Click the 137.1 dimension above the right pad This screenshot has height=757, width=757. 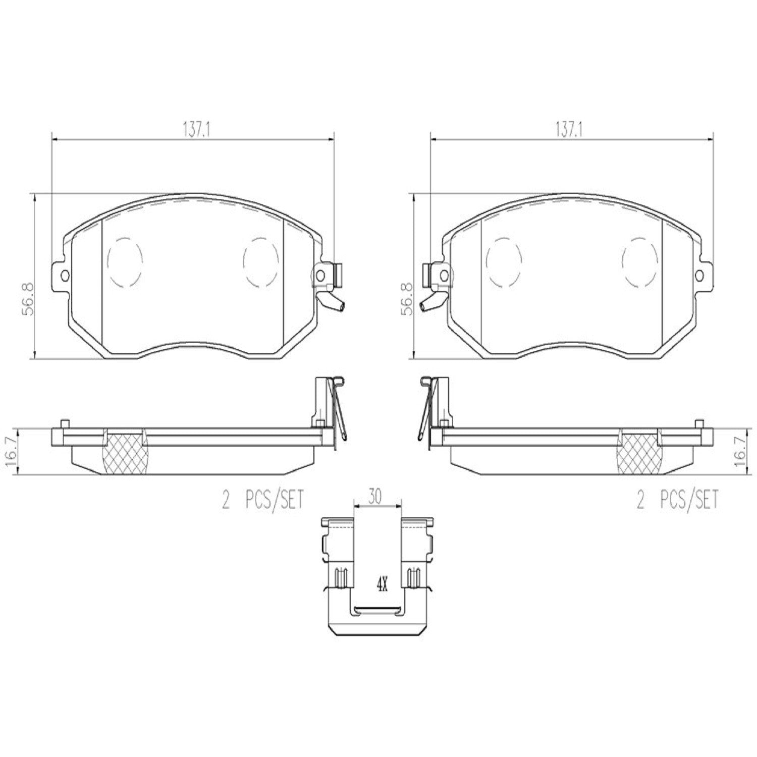pyautogui.click(x=570, y=130)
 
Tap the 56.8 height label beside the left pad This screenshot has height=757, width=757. pyautogui.click(x=27, y=299)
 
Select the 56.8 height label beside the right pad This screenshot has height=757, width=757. pyautogui.click(x=407, y=299)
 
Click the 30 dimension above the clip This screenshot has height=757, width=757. pyautogui.click(x=374, y=497)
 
